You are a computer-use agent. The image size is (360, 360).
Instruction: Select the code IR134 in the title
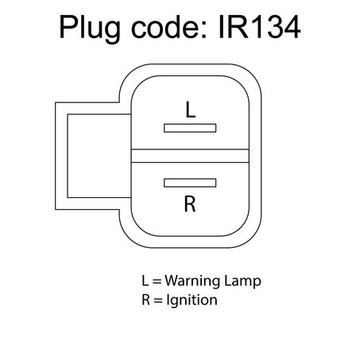(260, 27)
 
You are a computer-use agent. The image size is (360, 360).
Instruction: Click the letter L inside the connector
(191, 110)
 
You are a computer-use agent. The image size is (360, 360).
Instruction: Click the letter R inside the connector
(190, 203)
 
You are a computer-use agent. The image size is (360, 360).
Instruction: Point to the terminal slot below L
(190, 128)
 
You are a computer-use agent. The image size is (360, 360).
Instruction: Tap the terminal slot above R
(190, 183)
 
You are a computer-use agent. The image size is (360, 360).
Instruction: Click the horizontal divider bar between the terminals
(190, 156)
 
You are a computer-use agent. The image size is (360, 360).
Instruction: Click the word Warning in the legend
(192, 281)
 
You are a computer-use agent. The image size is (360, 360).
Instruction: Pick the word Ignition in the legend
(192, 300)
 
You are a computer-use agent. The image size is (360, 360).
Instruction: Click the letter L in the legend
(145, 281)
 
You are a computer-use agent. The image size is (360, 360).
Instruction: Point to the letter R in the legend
(146, 300)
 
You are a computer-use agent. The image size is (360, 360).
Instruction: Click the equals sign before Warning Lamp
(157, 281)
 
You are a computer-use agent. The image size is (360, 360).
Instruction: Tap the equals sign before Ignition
(158, 300)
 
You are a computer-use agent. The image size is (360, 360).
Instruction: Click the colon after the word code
(203, 30)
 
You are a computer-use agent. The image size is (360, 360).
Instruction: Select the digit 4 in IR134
(291, 27)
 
